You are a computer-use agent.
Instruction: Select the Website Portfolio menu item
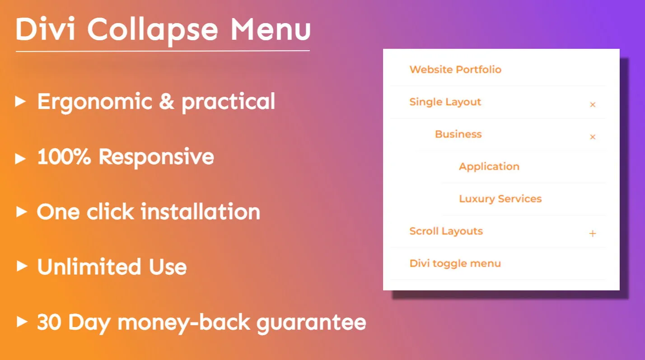coord(456,70)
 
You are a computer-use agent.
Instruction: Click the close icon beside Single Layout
coord(593,104)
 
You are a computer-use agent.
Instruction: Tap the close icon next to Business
coord(593,137)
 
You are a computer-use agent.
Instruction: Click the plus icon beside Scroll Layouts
coord(593,233)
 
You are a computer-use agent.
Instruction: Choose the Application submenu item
coord(489,167)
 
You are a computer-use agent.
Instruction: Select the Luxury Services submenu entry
coord(500,199)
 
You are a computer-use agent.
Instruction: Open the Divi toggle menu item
coord(455,263)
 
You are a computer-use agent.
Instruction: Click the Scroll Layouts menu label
coord(446,231)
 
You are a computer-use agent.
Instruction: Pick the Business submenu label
coord(458,134)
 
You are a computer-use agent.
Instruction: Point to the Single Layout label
coord(445,102)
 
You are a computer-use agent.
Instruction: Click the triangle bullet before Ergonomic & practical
coord(20,101)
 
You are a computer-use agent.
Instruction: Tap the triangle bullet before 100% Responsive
coord(20,159)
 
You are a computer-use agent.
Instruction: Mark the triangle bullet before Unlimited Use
coord(22,266)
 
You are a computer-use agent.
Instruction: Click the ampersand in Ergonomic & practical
coord(167,101)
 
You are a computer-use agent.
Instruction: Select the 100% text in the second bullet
coord(64,156)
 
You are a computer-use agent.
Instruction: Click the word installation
coord(201,212)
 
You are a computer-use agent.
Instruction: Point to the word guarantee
coord(311,323)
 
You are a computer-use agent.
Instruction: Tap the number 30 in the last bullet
coord(49,322)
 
